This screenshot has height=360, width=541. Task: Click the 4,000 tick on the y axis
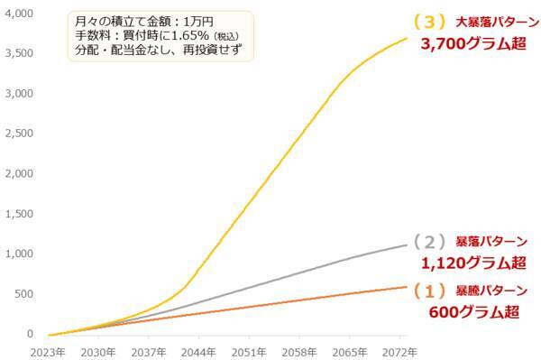coord(18,14)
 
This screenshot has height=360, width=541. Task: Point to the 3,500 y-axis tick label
coord(18,53)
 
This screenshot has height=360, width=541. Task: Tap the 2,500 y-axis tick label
coord(18,134)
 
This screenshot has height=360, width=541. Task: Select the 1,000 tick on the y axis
coord(18,254)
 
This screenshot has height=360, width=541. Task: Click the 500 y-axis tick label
coord(23,294)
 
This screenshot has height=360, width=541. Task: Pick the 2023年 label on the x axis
coord(49,351)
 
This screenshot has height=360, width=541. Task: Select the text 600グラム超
coord(473,312)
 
